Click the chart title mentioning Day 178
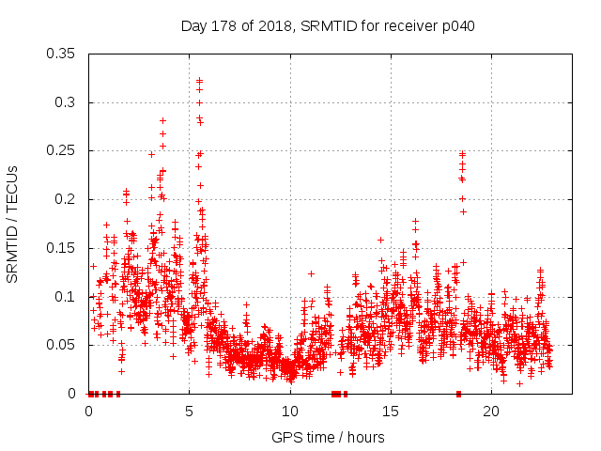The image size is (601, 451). (x=327, y=25)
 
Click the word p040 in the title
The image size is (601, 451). (x=457, y=25)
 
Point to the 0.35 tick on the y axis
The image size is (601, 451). (x=63, y=54)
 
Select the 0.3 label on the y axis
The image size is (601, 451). (x=67, y=102)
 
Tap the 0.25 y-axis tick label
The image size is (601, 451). (x=63, y=151)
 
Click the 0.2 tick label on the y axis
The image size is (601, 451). (x=67, y=199)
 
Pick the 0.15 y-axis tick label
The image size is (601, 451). (x=63, y=248)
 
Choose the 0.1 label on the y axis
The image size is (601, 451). (x=67, y=297)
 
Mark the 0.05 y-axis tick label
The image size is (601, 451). (x=63, y=345)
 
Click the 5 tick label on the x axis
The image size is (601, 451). (x=190, y=412)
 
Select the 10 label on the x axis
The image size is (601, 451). (x=290, y=412)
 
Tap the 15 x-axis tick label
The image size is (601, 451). (x=391, y=412)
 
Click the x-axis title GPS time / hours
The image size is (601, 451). (x=327, y=437)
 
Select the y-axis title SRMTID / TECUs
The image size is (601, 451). (x=13, y=224)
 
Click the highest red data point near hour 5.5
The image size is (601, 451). (x=199, y=81)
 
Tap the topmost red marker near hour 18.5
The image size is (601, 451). (x=462, y=153)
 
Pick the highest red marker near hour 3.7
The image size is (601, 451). (x=162, y=120)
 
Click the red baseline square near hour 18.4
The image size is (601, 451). (x=458, y=394)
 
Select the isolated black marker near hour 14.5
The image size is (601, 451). (x=380, y=240)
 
